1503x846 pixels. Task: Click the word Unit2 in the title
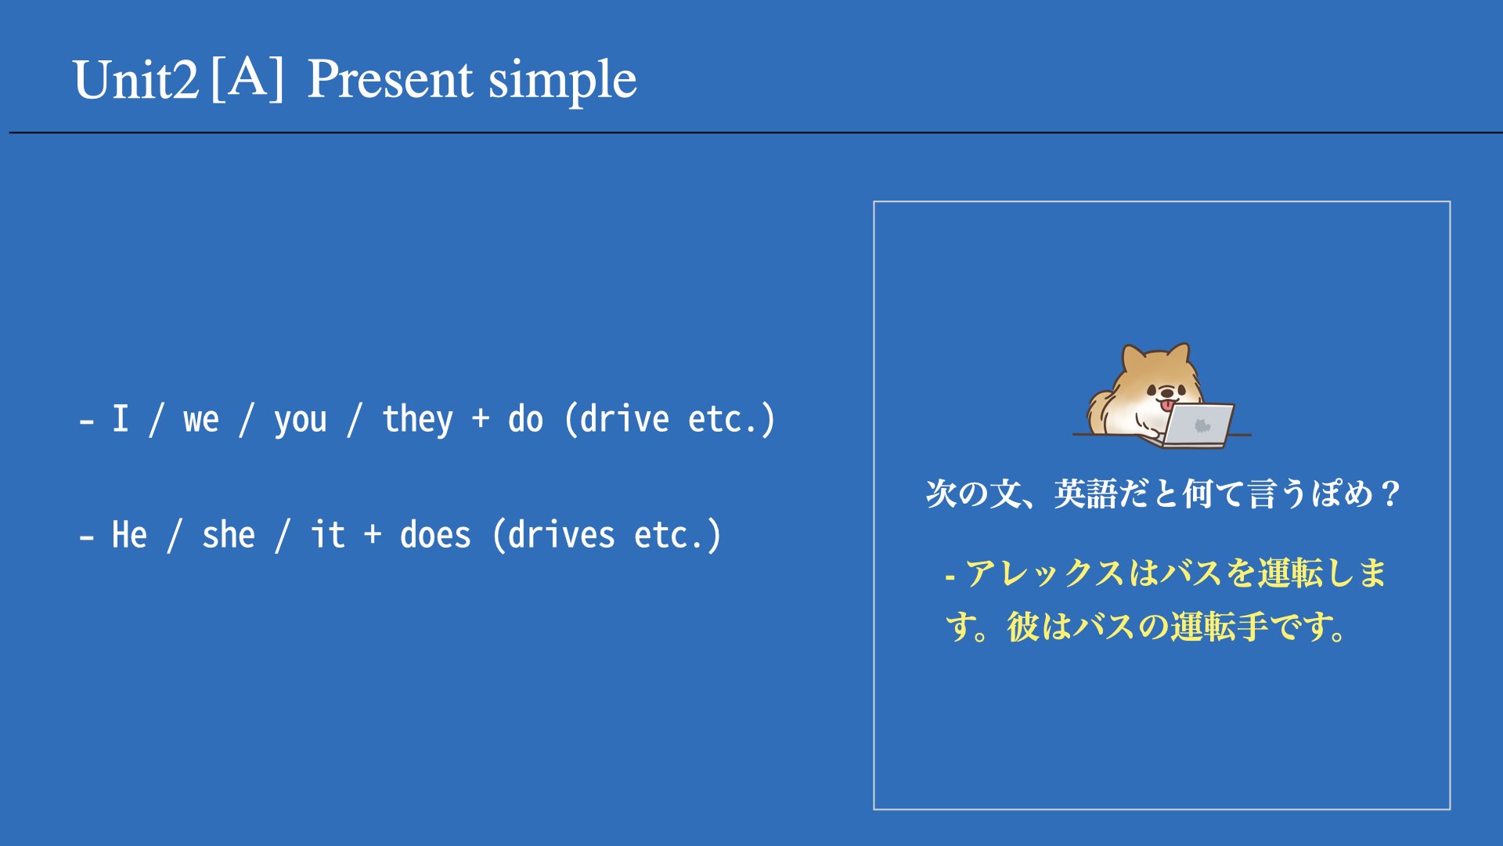pyautogui.click(x=136, y=80)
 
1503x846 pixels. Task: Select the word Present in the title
pyautogui.click(x=390, y=79)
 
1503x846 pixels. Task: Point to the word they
pyautogui.click(x=417, y=420)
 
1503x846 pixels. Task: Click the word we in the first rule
pyautogui.click(x=201, y=421)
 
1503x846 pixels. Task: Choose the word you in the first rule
pyautogui.click(x=300, y=422)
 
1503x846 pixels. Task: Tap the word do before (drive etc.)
pyautogui.click(x=525, y=419)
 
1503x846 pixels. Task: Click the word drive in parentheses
pyautogui.click(x=624, y=419)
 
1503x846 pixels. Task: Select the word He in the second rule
pyautogui.click(x=129, y=535)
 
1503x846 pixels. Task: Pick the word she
pyautogui.click(x=229, y=535)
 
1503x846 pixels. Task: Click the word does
pyautogui.click(x=435, y=535)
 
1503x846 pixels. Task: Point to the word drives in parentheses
pyautogui.click(x=561, y=535)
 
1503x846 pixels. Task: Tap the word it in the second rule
pyautogui.click(x=327, y=535)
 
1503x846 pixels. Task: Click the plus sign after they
pyautogui.click(x=481, y=419)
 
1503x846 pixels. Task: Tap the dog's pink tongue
pyautogui.click(x=1168, y=405)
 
